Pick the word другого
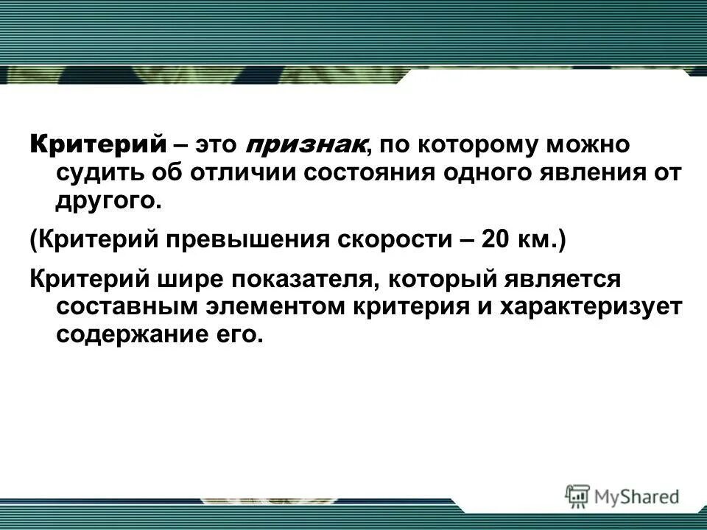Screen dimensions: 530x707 coord(107,201)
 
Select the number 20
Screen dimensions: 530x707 coord(496,241)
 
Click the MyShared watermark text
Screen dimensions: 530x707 coord(636,497)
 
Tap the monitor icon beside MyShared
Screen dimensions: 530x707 coord(578,495)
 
